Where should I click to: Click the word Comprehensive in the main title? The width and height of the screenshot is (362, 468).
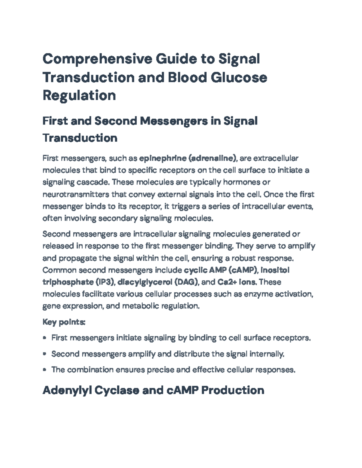tap(97, 59)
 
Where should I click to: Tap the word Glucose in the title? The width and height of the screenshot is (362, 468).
tap(239, 77)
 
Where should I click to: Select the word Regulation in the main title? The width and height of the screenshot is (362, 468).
tap(79, 96)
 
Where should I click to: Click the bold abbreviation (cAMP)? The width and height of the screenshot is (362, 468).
tap(243, 270)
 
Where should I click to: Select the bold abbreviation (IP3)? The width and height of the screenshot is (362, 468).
tap(105, 282)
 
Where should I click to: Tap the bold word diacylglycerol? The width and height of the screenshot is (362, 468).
tap(145, 282)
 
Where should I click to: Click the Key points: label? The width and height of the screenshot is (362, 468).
tap(64, 322)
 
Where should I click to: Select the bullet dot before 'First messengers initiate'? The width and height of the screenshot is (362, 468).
tap(45, 338)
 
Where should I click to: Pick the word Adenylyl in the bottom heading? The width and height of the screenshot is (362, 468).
tap(67, 391)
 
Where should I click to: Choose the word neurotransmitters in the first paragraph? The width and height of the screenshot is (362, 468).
tap(76, 194)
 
